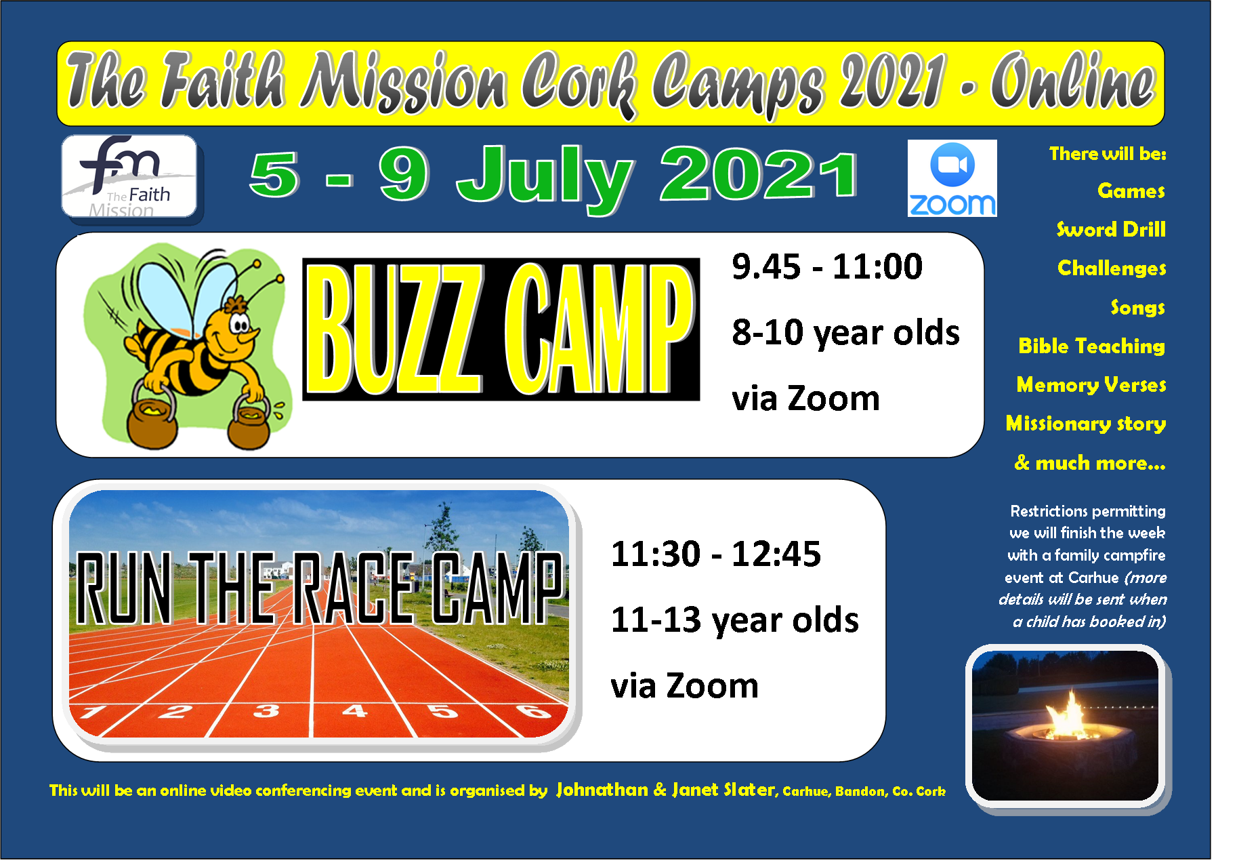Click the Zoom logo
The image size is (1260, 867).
(952, 178)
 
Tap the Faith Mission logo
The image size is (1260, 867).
(129, 176)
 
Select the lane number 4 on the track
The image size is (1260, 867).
(354, 710)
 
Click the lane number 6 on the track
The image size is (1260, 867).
(534, 711)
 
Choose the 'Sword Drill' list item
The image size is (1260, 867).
(1111, 229)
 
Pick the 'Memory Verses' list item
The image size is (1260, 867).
(1091, 384)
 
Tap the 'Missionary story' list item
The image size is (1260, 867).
(1086, 424)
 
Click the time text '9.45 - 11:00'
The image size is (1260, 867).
(827, 266)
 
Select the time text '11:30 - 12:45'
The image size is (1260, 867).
(715, 554)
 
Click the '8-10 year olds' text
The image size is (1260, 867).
(845, 333)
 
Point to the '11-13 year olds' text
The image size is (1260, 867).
(734, 620)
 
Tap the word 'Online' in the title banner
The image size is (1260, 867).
(1073, 81)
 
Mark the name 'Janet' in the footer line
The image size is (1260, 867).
(695, 790)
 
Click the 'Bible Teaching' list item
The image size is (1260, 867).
(1091, 346)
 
